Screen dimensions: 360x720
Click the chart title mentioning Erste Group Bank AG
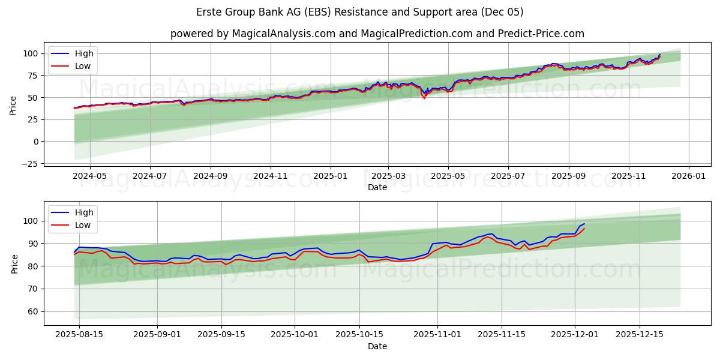(x=360, y=12)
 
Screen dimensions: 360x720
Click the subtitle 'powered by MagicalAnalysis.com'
(x=252, y=34)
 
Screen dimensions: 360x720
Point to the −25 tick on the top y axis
(x=30, y=164)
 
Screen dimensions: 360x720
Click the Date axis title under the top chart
(x=377, y=187)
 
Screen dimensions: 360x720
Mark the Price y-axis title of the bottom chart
(x=14, y=263)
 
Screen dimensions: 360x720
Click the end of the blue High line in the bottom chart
(x=584, y=224)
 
